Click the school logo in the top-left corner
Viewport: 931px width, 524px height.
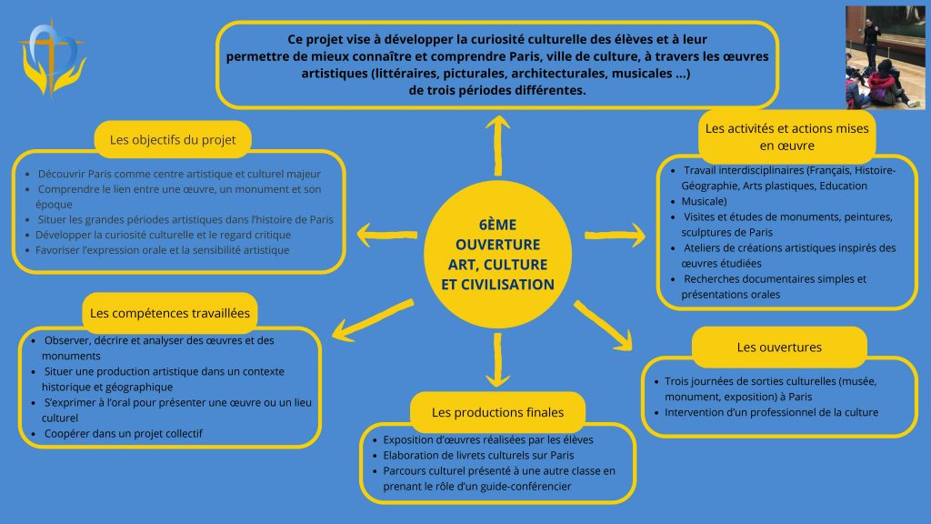click(x=52, y=57)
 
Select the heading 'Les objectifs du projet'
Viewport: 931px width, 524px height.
click(x=173, y=140)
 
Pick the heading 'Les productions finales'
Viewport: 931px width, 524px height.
click(x=497, y=412)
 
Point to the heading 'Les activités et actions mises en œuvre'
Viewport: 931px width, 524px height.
click(x=786, y=136)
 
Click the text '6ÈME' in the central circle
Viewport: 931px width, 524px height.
click(x=497, y=225)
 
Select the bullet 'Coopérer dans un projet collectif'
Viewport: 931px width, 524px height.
click(x=123, y=434)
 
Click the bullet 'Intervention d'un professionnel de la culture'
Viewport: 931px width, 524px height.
click(x=771, y=412)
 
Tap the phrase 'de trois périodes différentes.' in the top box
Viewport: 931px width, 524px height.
click(x=497, y=90)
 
